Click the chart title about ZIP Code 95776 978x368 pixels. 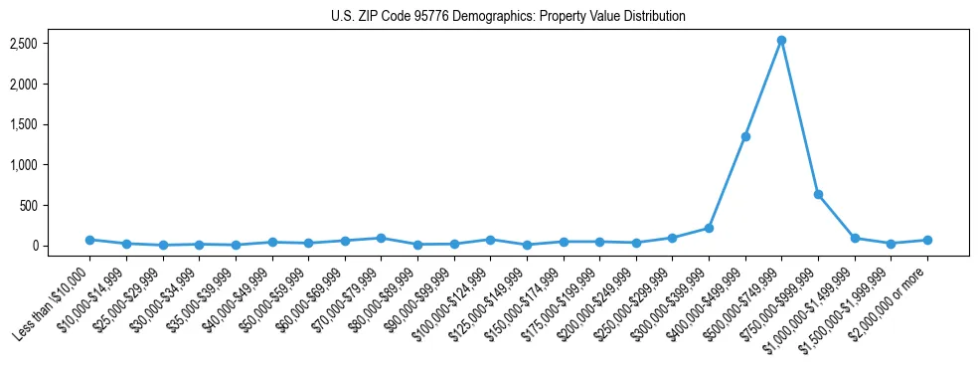508,17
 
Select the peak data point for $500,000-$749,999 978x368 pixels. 781,41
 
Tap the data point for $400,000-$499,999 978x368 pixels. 745,136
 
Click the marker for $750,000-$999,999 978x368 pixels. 818,194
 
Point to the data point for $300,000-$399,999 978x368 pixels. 709,228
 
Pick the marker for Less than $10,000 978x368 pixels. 89,240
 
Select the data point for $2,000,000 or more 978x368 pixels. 927,240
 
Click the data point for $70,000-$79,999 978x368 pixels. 381,238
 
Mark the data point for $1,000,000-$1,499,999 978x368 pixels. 855,238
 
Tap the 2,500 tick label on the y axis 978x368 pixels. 52,44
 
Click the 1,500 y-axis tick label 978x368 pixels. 52,124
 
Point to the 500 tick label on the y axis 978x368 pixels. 58,205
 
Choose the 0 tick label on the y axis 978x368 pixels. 63,246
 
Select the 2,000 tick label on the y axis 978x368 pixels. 52,85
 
